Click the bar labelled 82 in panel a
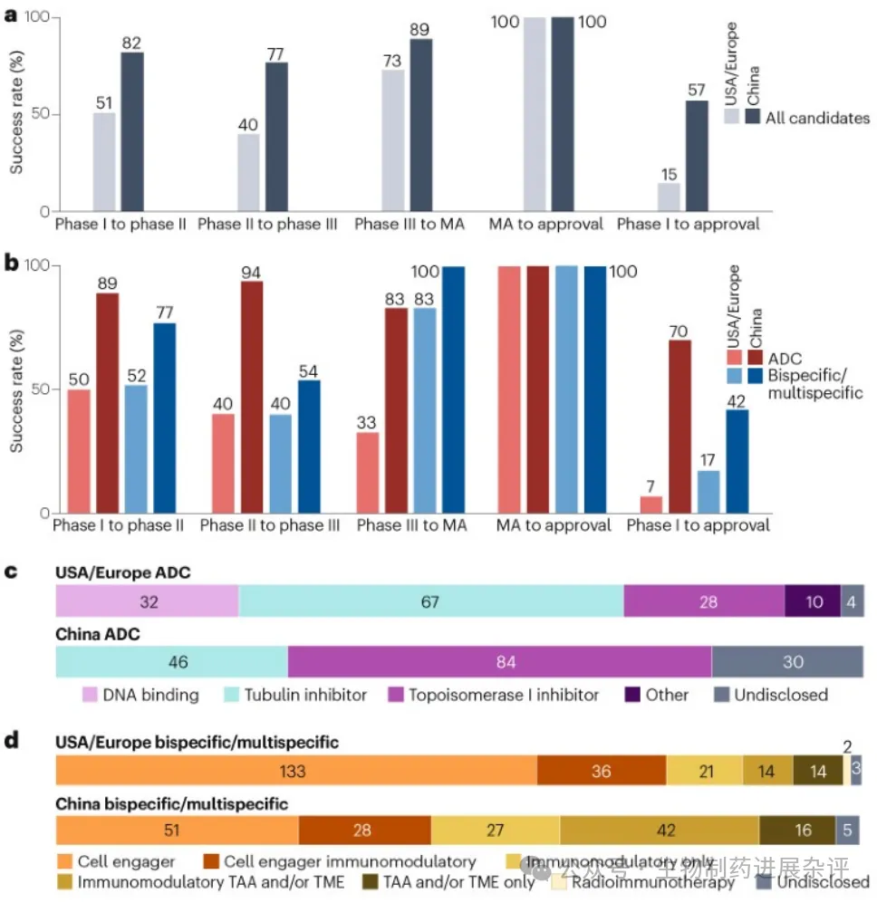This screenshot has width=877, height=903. [132, 132]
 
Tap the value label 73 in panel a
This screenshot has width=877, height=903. [391, 59]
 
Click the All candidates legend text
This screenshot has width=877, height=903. [817, 118]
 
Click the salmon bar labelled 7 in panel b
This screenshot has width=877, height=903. [651, 504]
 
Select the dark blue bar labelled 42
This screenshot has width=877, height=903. [736, 461]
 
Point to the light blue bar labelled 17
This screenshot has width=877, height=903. [708, 492]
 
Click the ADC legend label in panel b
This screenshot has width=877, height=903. [784, 359]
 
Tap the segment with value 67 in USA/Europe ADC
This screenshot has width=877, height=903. [430, 601]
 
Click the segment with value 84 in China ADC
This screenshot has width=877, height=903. [499, 662]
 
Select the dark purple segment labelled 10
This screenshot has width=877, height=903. [812, 601]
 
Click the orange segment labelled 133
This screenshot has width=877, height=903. [296, 771]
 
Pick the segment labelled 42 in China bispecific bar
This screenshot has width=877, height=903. [659, 831]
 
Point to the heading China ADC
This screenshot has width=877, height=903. [98, 634]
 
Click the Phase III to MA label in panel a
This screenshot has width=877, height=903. [410, 223]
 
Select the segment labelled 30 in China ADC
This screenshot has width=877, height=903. [786, 662]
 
